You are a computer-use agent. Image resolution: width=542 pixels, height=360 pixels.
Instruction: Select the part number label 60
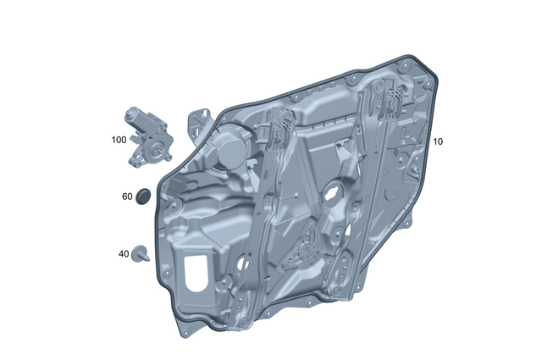pos(127,197)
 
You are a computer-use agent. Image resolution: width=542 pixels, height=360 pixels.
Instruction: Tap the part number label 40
pos(124,253)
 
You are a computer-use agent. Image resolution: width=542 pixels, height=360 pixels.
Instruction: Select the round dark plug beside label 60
pos(143,196)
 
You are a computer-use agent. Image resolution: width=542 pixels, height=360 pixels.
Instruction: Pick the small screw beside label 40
pos(141,252)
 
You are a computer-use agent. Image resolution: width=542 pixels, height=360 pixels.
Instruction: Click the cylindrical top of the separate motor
pos(136,118)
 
